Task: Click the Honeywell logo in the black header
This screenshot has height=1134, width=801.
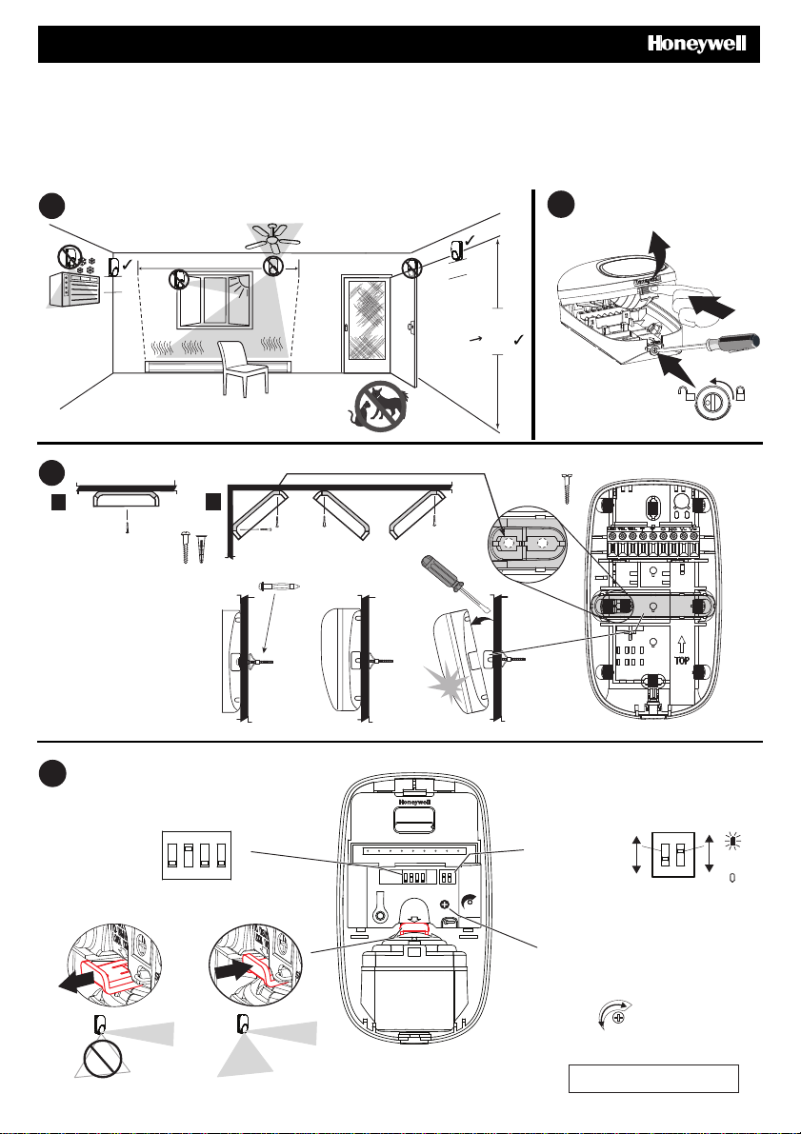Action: (696, 44)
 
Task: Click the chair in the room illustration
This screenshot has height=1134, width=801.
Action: (243, 368)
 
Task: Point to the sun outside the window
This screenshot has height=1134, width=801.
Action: (239, 283)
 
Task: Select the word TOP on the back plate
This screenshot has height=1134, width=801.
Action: (682, 660)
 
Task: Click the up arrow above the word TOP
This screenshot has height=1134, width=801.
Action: (682, 645)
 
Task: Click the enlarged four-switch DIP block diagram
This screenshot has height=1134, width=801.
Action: (196, 855)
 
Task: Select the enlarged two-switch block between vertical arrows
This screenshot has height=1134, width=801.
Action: (673, 854)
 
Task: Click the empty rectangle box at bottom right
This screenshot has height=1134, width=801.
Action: (653, 1079)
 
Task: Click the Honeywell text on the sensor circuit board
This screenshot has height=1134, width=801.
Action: (414, 802)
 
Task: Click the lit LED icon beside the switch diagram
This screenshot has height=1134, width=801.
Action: (732, 841)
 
